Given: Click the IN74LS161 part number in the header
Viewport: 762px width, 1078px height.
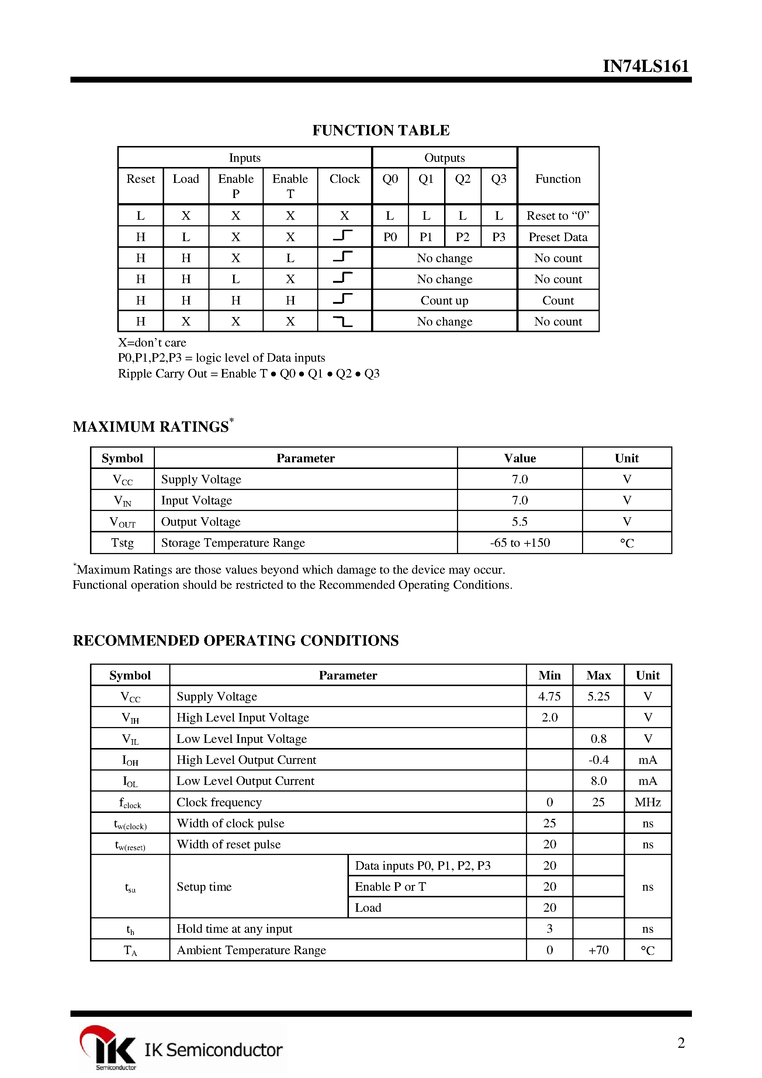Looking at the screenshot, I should coord(645,66).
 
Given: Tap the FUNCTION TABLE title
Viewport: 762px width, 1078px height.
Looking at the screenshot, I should coord(381,130).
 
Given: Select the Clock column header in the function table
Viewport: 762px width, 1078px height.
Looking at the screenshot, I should coord(344,179).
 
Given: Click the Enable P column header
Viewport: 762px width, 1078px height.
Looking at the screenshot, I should coord(235,186).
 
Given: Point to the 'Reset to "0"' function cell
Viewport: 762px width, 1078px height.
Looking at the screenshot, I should coord(558,216).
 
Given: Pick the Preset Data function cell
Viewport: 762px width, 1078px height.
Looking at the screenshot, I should coord(558,237).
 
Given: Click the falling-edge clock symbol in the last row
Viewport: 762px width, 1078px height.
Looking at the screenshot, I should coord(343,321).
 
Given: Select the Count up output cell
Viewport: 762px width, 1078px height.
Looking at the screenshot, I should coord(444,300).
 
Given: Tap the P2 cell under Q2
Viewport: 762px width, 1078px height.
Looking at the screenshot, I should coord(462,237).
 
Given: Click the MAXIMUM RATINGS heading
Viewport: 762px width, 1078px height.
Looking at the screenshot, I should coord(151,426).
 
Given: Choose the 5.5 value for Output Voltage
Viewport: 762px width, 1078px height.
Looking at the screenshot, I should coord(520,522).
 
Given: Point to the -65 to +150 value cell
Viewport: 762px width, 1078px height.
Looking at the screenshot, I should coord(520,543).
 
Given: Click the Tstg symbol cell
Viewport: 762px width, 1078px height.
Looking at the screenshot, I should coord(122,543).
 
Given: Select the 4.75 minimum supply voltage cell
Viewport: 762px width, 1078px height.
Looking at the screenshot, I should coord(549,696).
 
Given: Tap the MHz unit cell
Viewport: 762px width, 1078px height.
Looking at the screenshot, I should coord(647,802).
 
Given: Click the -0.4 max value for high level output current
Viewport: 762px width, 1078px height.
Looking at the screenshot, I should coord(598,760).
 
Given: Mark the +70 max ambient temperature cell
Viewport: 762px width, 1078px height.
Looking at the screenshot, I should coord(598,950).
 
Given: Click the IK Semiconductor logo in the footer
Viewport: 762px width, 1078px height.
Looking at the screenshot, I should coord(181,1049).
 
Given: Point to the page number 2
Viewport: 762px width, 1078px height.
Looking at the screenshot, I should coord(681,1043).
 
